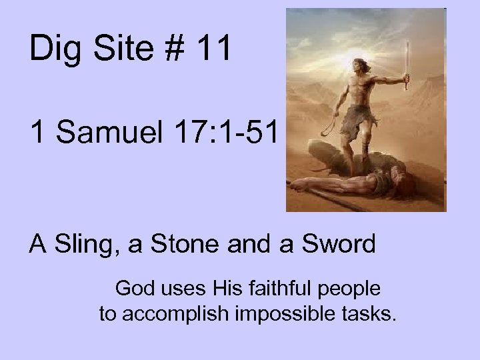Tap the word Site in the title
[x=120, y=50]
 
